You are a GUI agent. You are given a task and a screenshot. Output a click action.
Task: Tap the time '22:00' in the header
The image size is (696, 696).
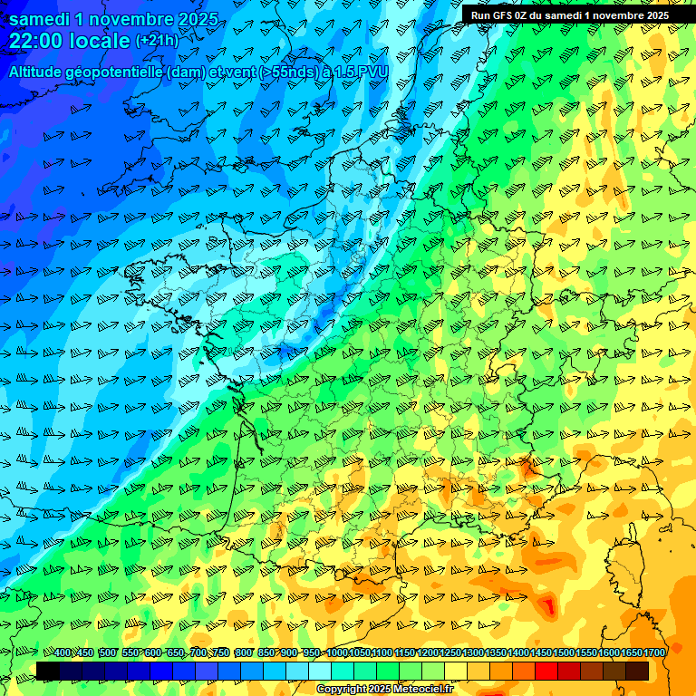coord(35,41)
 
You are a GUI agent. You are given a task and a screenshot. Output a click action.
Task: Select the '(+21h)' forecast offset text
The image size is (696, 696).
coord(157,41)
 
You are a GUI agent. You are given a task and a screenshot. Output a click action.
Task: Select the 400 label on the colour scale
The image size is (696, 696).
coord(63,653)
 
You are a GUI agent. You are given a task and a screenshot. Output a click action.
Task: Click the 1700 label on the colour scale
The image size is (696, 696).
coord(653,653)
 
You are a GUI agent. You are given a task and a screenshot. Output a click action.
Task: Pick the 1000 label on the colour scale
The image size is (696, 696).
coord(337,653)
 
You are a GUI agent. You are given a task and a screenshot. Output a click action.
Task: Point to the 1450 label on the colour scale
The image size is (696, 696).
coord(541,653)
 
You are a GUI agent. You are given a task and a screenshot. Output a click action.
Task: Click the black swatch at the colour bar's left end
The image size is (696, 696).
coord(48,671)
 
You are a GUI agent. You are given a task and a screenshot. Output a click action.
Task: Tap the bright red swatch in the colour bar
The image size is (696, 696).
coord(546,671)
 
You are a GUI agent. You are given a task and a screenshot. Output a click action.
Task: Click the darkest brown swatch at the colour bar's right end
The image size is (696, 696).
coord(637,671)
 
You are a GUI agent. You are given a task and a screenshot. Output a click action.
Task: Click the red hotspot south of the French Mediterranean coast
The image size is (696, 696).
coord(547,605)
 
